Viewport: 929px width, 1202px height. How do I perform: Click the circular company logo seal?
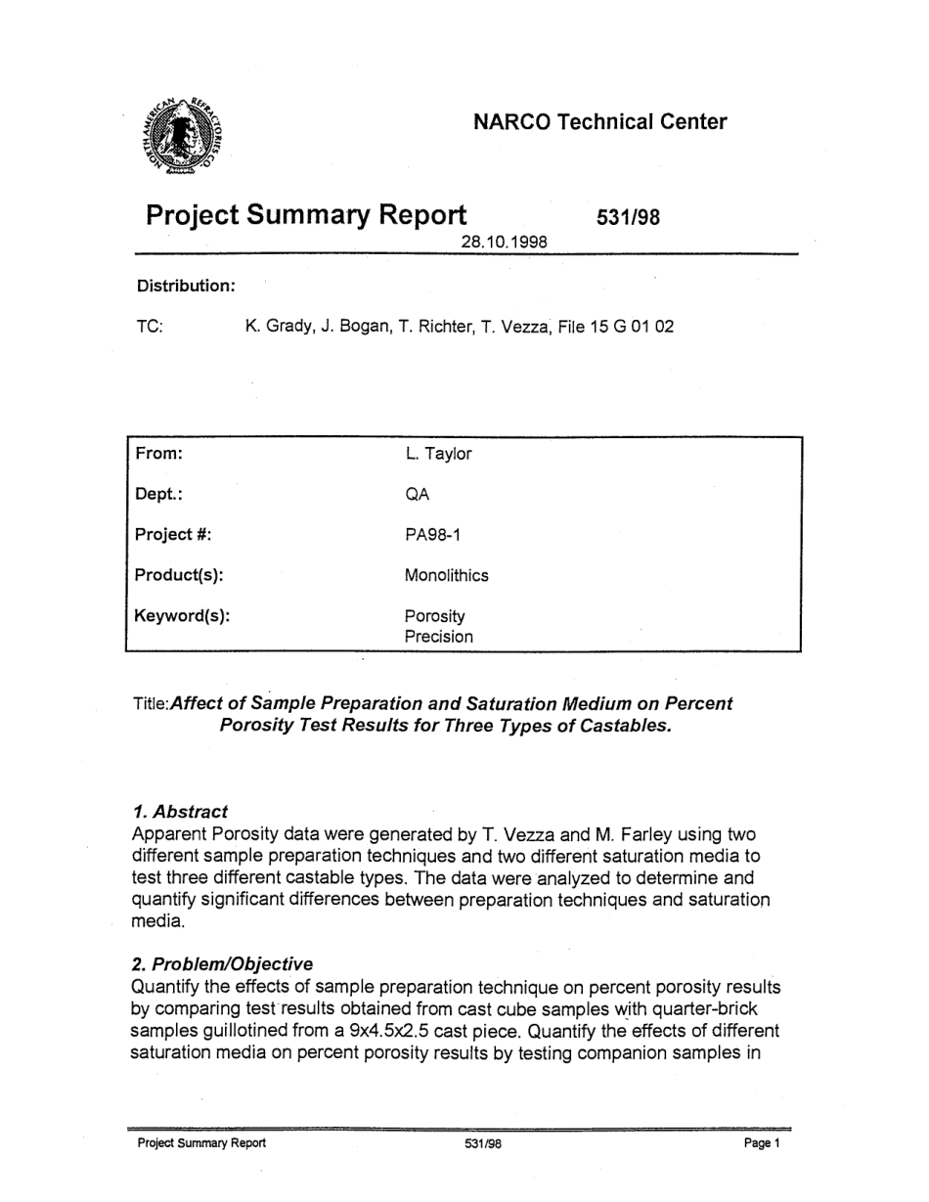[x=187, y=138]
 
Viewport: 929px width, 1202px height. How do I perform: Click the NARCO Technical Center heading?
[x=599, y=122]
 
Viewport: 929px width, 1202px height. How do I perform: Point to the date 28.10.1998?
[x=504, y=241]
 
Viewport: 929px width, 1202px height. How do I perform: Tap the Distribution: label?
[x=186, y=286]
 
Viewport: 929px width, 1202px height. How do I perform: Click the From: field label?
[x=160, y=454]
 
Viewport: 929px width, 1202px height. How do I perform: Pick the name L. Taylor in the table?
[x=438, y=454]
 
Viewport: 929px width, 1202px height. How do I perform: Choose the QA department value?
[x=417, y=495]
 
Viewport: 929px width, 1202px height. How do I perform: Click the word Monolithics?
[x=446, y=576]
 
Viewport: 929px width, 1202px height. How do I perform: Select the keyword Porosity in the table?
[x=434, y=617]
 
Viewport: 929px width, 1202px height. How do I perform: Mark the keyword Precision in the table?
[x=438, y=637]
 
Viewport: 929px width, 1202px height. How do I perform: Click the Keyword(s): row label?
[x=182, y=617]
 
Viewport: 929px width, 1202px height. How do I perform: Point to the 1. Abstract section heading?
[x=179, y=811]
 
